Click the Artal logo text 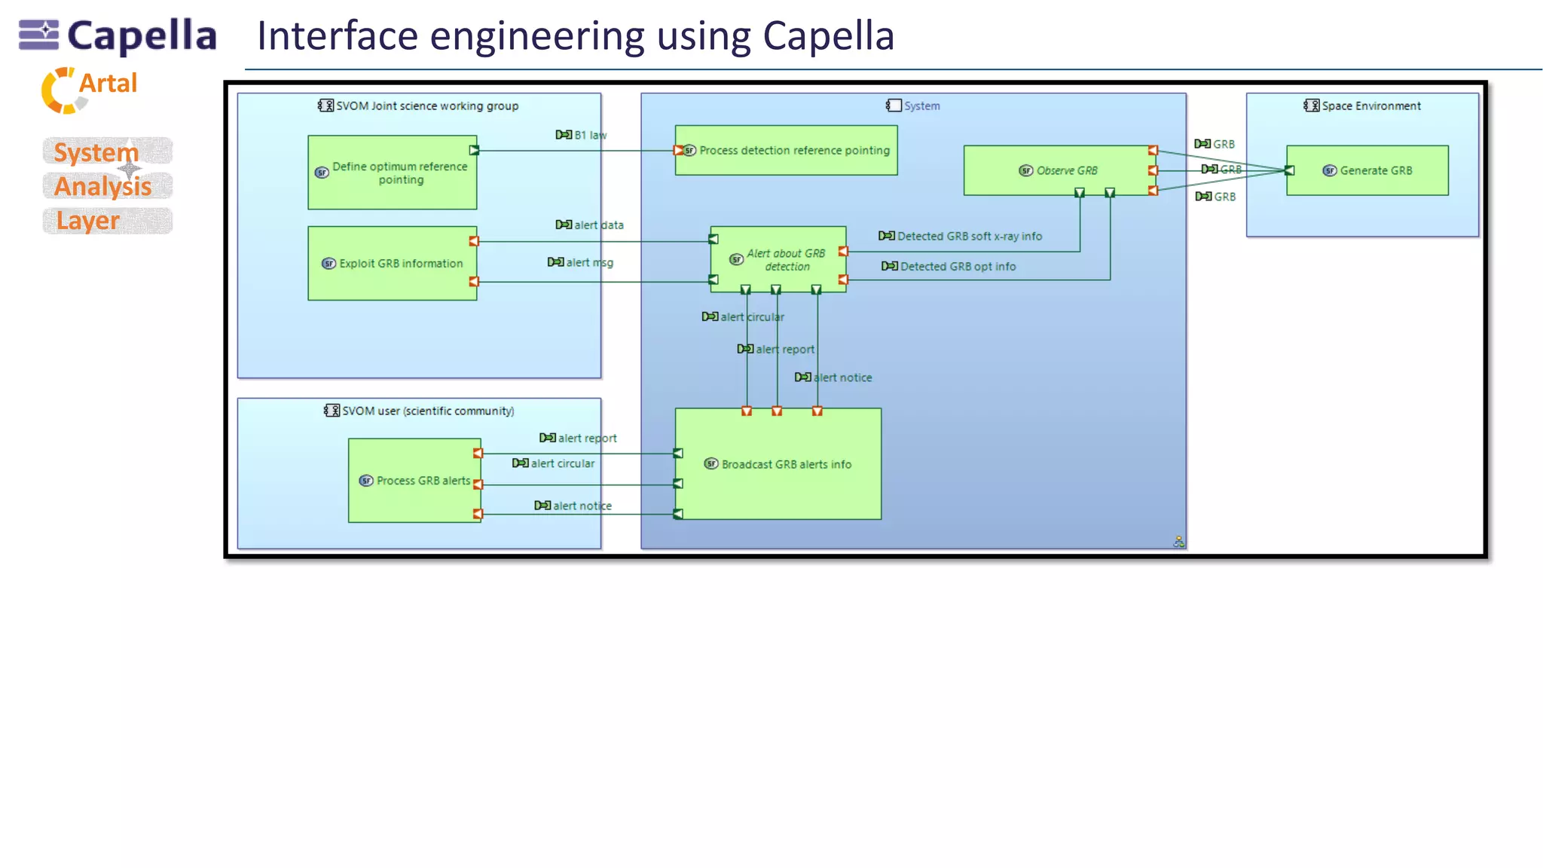108,83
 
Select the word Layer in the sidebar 88,221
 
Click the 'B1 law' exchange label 589,135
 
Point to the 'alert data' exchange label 598,225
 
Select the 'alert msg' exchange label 589,262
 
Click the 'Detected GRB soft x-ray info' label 969,236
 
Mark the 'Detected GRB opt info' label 957,266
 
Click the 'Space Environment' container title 1370,105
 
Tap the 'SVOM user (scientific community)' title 427,411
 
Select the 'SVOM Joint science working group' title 426,105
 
